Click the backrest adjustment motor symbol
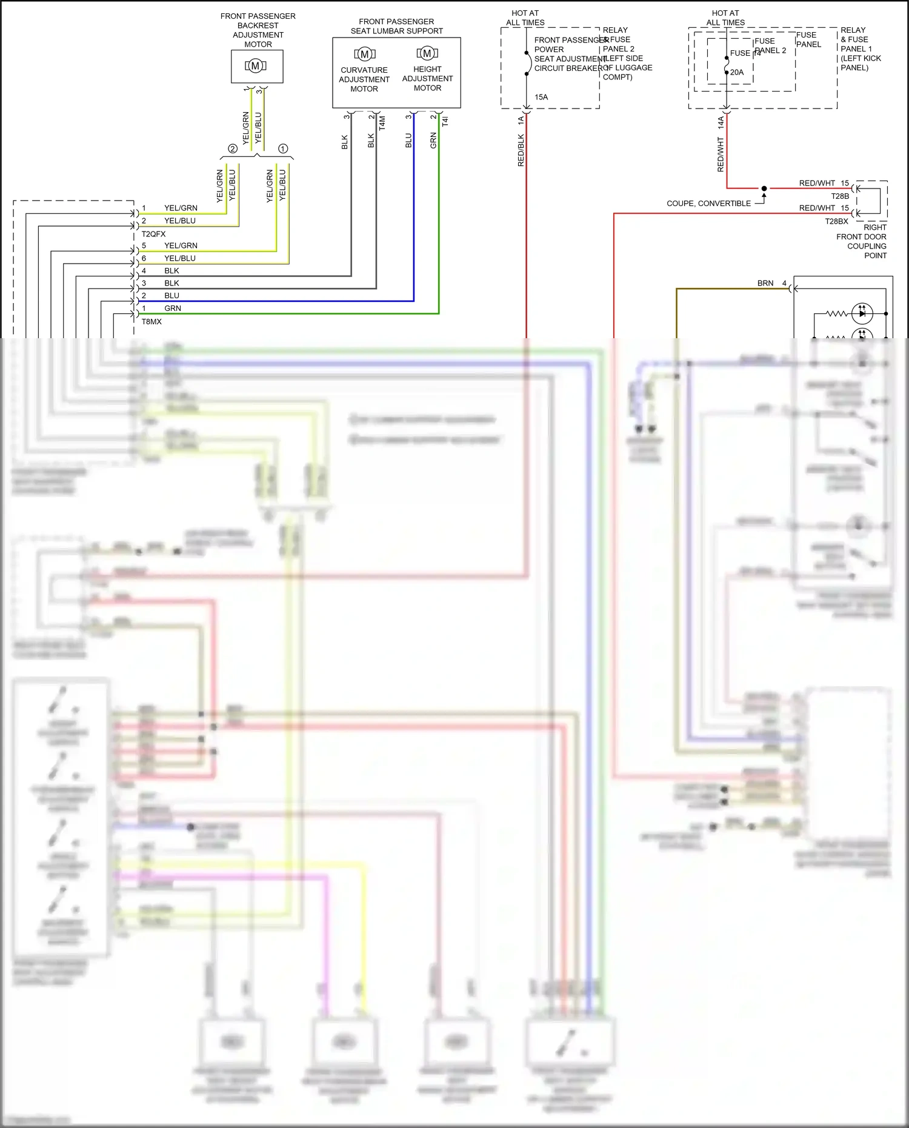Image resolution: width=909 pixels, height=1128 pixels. point(256,65)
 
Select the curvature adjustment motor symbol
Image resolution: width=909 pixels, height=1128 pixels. point(364,55)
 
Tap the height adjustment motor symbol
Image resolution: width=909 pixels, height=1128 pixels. point(427,53)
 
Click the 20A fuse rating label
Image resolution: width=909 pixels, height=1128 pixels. point(737,72)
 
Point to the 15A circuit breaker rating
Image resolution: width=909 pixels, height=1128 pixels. point(541,97)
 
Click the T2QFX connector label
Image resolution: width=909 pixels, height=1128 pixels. point(153,234)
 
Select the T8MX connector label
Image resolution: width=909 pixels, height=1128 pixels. point(151,322)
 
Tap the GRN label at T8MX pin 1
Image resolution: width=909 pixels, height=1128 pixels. point(173,309)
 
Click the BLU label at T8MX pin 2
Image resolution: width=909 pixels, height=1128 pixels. point(172,296)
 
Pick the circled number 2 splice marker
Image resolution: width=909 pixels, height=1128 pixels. point(233,149)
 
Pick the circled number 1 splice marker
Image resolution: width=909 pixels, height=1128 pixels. point(283,149)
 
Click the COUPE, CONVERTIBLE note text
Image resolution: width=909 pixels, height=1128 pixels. point(708,204)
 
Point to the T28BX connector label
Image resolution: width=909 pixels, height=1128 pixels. point(836,221)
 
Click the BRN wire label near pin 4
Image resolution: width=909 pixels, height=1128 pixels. point(765,283)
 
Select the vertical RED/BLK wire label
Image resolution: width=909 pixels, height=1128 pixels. point(521,150)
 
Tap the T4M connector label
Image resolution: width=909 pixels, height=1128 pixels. point(382,124)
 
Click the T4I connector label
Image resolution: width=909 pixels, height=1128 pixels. point(445,121)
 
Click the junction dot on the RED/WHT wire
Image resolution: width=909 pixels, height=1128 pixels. point(764,189)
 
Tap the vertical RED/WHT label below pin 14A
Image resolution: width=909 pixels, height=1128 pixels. point(721,155)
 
